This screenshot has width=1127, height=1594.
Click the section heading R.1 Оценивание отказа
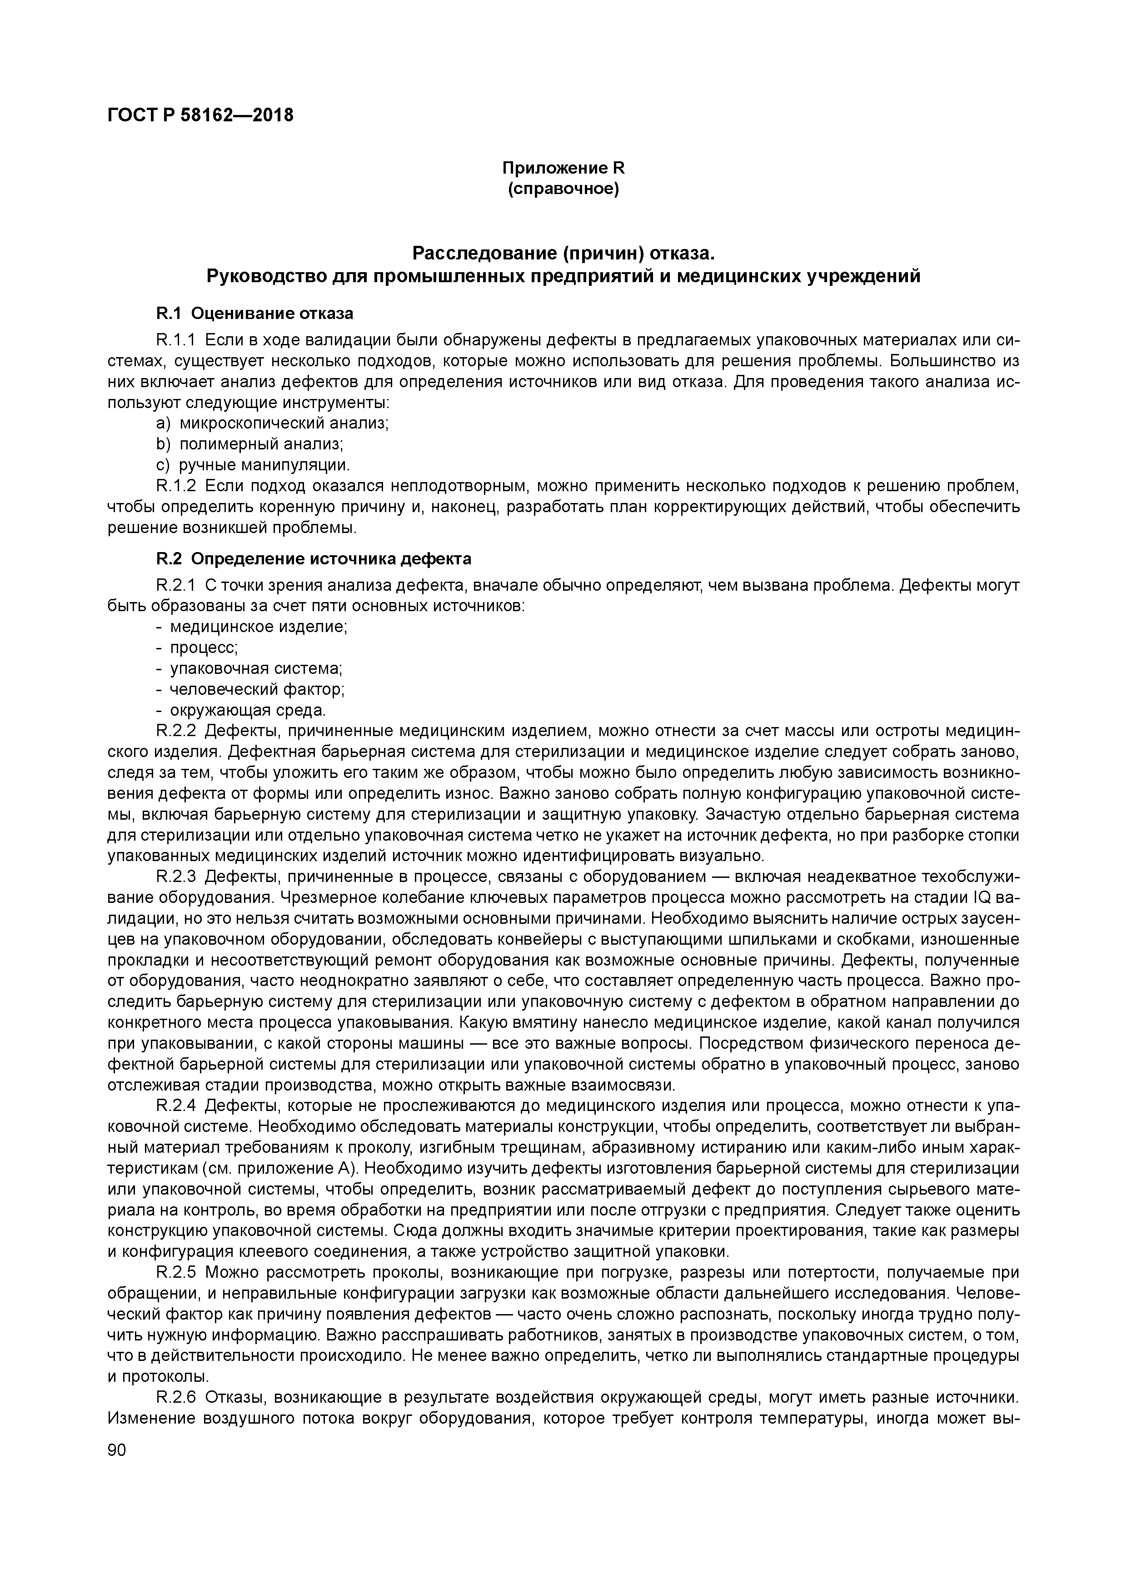[x=254, y=314]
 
